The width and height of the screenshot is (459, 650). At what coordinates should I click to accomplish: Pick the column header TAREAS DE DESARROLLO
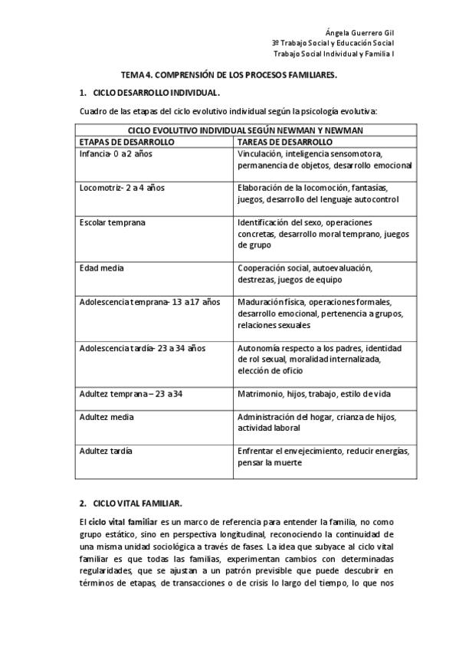pos(284,143)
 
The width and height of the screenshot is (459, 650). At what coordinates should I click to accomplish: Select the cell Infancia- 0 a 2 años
pos(116,153)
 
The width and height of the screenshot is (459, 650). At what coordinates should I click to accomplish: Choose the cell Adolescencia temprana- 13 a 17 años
pos(149,302)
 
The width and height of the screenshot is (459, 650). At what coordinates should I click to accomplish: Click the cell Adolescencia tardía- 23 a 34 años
pos(143,348)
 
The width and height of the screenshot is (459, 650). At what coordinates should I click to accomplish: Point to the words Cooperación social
pos(275,268)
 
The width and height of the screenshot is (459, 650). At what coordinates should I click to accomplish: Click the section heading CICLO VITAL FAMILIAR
pos(137,504)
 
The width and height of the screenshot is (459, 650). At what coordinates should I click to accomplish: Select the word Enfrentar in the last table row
pos(257,451)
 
